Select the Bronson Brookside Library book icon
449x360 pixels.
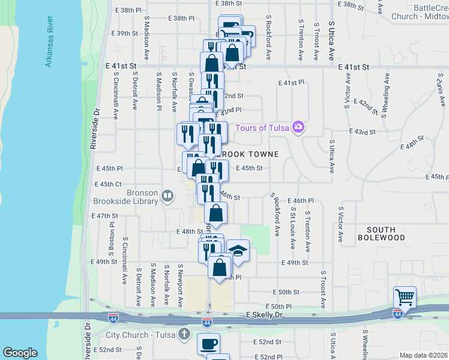[168, 196]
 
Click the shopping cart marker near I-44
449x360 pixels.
[405, 297]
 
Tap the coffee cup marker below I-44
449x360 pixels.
[208, 344]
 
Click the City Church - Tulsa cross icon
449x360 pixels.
[184, 334]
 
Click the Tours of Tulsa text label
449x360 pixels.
[262, 127]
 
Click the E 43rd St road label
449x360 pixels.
[363, 131]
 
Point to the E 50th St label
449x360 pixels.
[285, 292]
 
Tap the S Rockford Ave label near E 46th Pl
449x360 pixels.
[276, 213]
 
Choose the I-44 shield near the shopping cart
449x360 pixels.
[397, 313]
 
